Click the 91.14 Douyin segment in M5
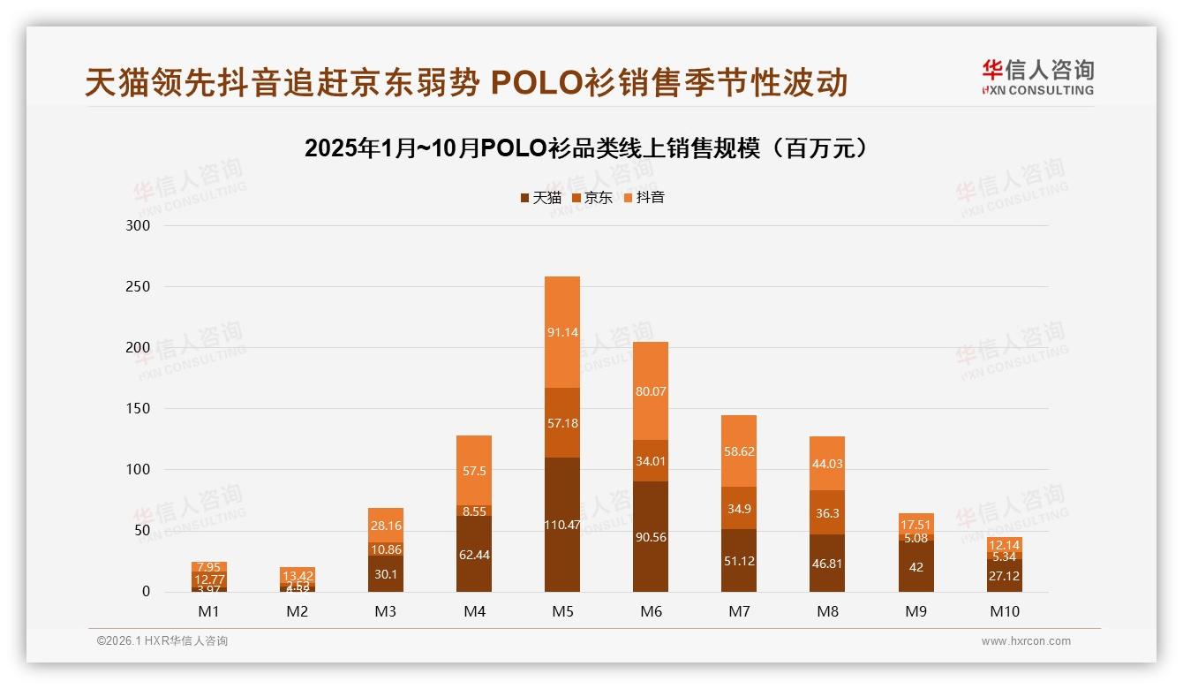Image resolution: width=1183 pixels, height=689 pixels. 562,332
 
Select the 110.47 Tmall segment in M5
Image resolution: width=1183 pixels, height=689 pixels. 562,525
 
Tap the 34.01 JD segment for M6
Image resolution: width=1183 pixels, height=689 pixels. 651,460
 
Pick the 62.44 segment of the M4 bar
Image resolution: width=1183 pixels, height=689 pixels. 474,554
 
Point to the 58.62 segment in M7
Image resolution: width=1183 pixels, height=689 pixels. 739,450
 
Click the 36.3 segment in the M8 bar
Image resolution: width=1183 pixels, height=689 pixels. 827,512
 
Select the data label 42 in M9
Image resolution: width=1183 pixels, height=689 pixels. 916,567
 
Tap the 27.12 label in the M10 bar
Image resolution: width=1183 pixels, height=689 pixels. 1004,576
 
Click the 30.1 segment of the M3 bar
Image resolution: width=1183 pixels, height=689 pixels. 386,573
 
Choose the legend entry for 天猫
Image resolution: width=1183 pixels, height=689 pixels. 540,198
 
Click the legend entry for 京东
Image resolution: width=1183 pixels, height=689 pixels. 592,198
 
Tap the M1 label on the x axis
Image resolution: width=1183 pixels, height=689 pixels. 209,611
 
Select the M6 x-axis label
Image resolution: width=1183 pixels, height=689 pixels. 651,611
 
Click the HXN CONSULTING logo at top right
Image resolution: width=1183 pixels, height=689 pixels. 1037,77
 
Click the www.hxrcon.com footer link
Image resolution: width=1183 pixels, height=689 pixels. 1026,641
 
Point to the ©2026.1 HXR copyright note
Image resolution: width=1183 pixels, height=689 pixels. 162,641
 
